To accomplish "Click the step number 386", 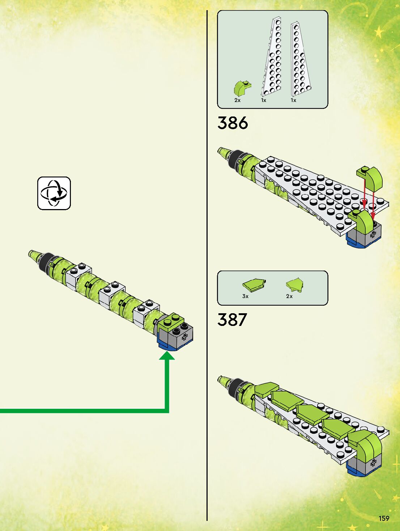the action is pyautogui.click(x=233, y=123).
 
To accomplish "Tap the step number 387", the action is pyautogui.click(x=232, y=320).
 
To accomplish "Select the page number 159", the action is pyautogui.click(x=384, y=518).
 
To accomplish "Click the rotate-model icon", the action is pyautogui.click(x=54, y=193).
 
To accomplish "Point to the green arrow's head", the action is pyautogui.click(x=167, y=356).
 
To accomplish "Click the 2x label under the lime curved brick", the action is pyautogui.click(x=237, y=100).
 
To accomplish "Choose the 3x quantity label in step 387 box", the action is pyautogui.click(x=245, y=296).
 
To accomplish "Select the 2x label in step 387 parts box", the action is pyautogui.click(x=289, y=296).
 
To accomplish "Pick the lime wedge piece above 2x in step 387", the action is pyautogui.click(x=294, y=285).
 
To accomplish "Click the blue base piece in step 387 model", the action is pyautogui.click(x=356, y=471).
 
